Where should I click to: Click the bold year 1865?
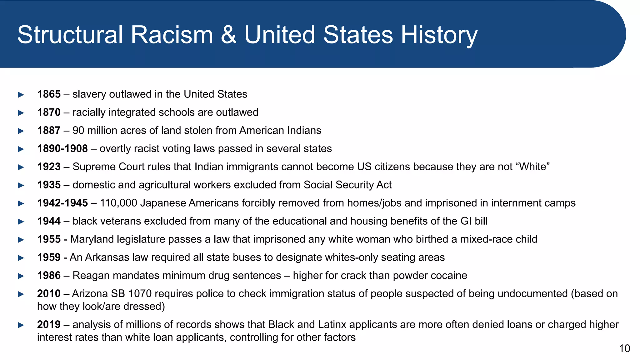click(x=49, y=94)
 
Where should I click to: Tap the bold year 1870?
click(x=49, y=112)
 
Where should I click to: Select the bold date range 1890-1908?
click(x=62, y=148)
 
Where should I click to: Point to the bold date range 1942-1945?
click(x=62, y=203)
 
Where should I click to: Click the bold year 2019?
click(x=49, y=324)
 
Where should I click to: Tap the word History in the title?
click(x=439, y=35)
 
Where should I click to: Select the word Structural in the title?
click(x=70, y=35)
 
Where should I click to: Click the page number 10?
click(x=624, y=348)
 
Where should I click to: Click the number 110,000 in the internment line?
click(x=118, y=203)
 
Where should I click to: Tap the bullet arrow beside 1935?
click(x=21, y=185)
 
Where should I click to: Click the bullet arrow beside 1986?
click(x=21, y=276)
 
